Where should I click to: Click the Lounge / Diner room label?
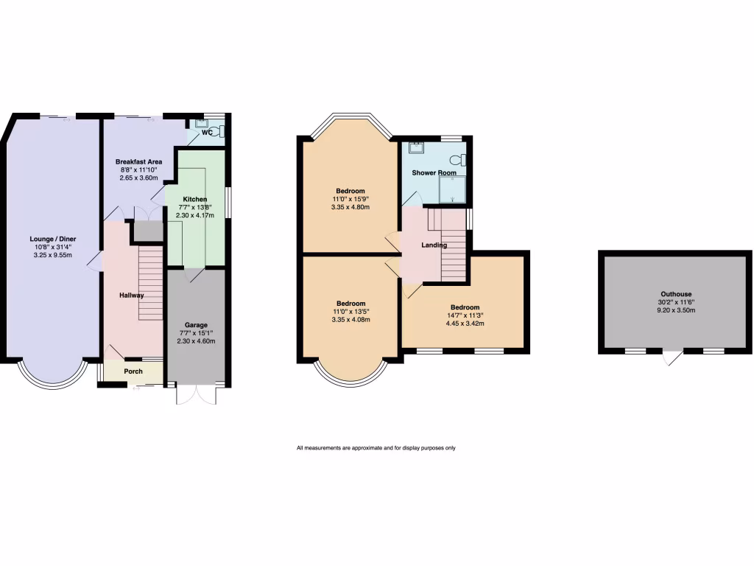click(x=52, y=240)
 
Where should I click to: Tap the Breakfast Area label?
click(x=138, y=161)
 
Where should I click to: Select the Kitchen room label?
click(x=195, y=199)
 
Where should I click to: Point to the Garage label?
click(x=196, y=325)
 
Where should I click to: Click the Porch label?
click(x=133, y=371)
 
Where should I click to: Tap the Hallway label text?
click(x=132, y=296)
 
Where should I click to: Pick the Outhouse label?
click(x=676, y=294)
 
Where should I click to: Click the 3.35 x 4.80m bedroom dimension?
click(x=350, y=207)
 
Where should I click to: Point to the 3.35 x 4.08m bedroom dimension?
click(x=350, y=320)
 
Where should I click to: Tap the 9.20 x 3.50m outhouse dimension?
click(x=676, y=311)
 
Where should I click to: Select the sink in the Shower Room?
click(x=416, y=147)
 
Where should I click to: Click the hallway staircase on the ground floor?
click(x=150, y=284)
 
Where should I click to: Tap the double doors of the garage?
click(x=196, y=394)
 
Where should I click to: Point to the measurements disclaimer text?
click(x=376, y=448)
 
